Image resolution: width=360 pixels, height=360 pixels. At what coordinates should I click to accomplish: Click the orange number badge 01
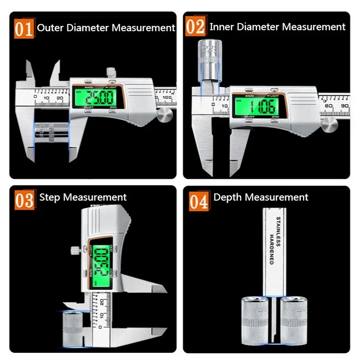coord(23,28)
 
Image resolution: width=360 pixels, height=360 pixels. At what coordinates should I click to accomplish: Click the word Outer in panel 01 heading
coord(50,27)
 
